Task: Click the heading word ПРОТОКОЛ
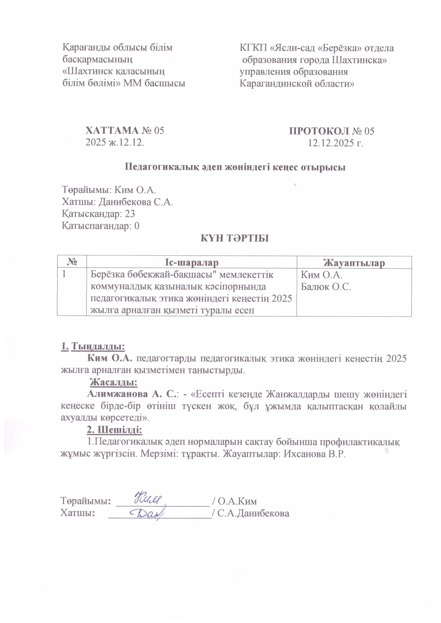coord(319,131)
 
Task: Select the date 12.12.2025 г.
coord(335,143)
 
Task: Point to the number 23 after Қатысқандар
coord(130,214)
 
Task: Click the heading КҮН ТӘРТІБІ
coord(235,238)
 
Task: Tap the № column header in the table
coord(72,262)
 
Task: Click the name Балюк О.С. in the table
coord(326,287)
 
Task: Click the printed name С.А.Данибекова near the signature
coord(253,513)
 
